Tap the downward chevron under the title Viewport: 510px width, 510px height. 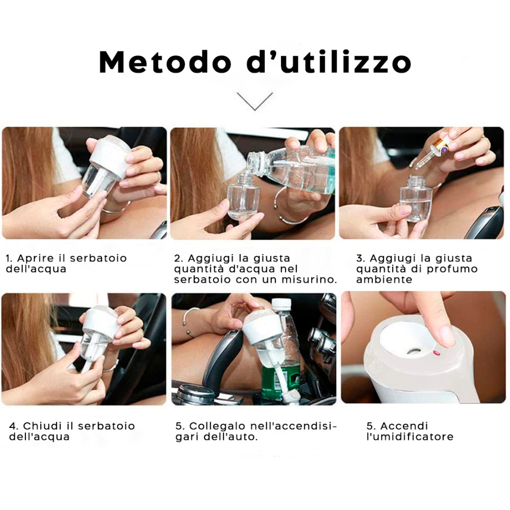(255, 101)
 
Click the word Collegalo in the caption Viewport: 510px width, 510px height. (217, 426)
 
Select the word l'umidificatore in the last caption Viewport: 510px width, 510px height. (410, 437)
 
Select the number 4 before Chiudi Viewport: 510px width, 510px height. (13, 426)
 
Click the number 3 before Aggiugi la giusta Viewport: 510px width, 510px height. (360, 259)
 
